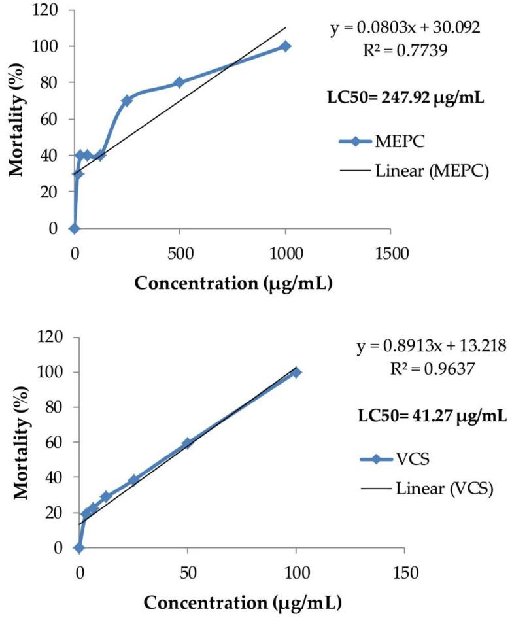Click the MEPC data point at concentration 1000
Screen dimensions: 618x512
tap(285, 46)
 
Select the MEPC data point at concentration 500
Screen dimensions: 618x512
tap(179, 82)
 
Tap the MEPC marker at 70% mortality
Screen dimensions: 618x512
tap(127, 101)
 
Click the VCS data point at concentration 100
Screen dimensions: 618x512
tap(296, 372)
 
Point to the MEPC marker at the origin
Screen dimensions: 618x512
tap(74, 228)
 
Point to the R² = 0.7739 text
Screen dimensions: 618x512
tap(408, 50)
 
